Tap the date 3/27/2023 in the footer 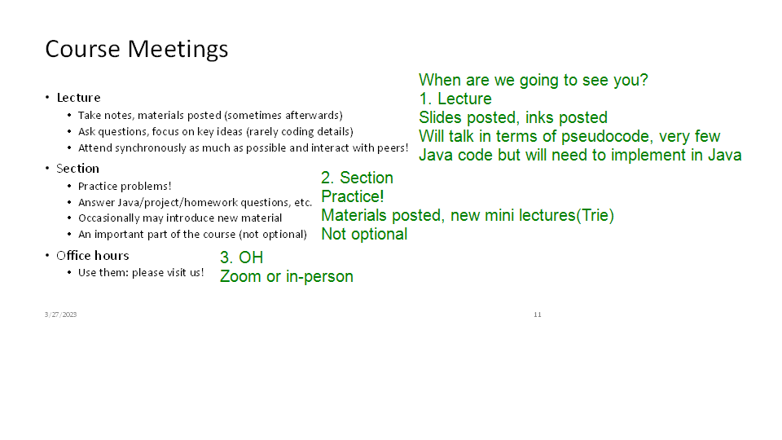point(60,315)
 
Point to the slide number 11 point(537,315)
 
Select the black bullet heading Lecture point(78,97)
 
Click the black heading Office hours point(92,255)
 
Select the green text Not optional point(364,234)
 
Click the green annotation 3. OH point(241,257)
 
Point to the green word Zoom point(239,276)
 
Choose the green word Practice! point(352,196)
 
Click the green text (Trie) point(595,215)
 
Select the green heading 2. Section point(357,178)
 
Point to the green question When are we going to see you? point(533,81)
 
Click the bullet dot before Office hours point(47,255)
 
